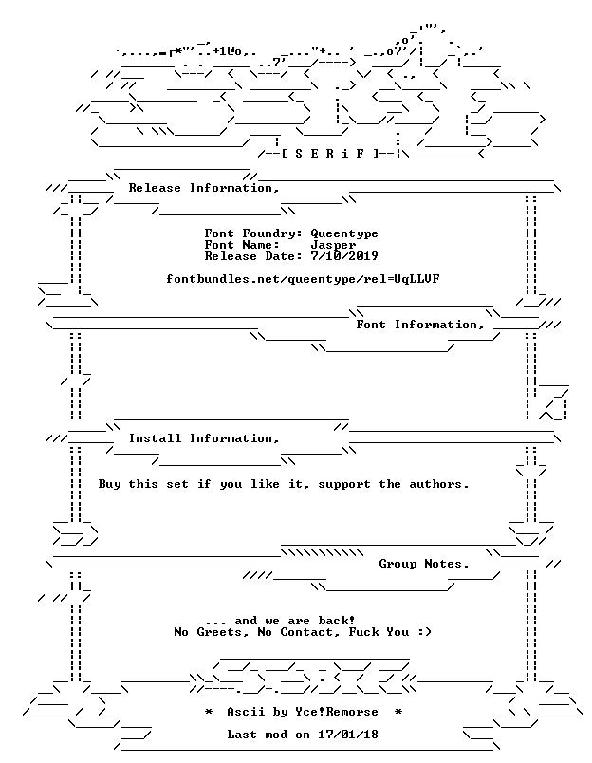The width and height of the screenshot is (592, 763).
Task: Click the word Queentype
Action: tap(344, 234)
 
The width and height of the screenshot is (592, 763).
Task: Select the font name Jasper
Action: tap(333, 245)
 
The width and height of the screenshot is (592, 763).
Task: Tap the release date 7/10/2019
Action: tap(344, 256)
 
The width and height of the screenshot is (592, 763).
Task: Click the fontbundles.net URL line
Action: tap(303, 279)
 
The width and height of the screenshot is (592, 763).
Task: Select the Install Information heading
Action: tap(204, 438)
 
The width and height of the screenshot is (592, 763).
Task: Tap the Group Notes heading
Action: tap(424, 564)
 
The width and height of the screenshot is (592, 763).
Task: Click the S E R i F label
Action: tap(329, 154)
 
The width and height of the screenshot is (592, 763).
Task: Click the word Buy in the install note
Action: tap(109, 484)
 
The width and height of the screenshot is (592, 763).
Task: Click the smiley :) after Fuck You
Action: tap(424, 632)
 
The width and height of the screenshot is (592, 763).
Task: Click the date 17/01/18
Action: tap(348, 735)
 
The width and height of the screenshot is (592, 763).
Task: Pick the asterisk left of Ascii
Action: tap(208, 712)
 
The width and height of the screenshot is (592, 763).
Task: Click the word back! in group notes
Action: tap(337, 621)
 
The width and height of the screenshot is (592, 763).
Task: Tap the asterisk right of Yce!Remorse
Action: tap(398, 712)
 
